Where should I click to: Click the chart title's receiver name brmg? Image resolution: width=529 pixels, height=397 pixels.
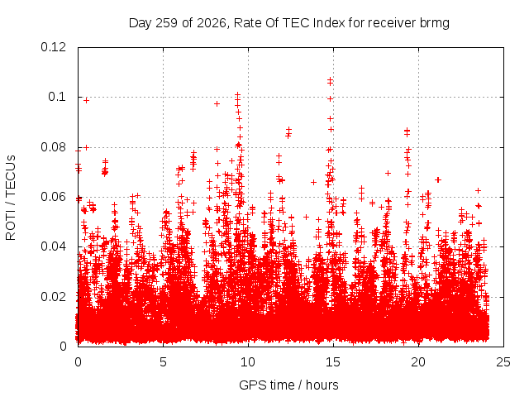click(434, 23)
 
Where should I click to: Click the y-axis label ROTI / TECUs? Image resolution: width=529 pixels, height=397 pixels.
click(11, 198)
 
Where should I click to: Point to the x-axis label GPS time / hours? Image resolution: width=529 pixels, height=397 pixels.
click(288, 385)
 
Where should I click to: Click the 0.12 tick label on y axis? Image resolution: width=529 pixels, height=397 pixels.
click(53, 47)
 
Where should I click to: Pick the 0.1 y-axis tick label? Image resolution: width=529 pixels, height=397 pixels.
click(57, 97)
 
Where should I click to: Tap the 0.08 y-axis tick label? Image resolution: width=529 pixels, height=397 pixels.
click(53, 147)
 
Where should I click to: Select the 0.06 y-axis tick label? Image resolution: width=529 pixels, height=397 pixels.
click(53, 197)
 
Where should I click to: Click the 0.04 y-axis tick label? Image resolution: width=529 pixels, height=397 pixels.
click(53, 246)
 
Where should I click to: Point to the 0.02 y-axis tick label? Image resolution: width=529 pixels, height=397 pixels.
click(53, 296)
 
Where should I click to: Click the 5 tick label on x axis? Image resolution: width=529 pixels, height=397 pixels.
click(163, 362)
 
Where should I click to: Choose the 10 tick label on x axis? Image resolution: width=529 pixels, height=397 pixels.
click(248, 362)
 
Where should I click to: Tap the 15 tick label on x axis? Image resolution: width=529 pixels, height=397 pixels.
click(333, 362)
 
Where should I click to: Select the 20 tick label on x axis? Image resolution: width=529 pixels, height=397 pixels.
click(418, 362)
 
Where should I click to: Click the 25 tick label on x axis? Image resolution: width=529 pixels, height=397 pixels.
click(503, 362)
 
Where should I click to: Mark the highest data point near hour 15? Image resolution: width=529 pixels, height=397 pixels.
click(330, 80)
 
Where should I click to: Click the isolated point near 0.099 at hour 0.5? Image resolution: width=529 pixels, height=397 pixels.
click(86, 100)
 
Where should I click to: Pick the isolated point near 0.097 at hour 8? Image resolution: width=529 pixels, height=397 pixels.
click(217, 103)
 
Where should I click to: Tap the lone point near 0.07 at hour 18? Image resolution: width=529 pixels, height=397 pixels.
click(388, 173)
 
